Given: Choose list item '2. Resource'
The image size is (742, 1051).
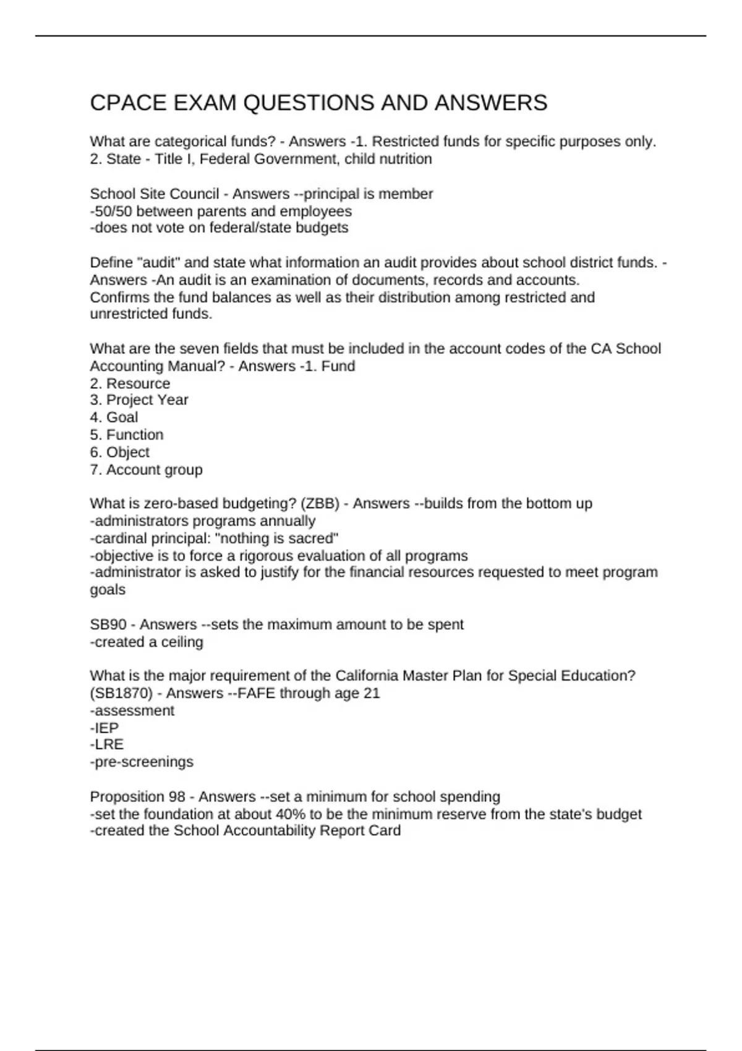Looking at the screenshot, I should tap(130, 383).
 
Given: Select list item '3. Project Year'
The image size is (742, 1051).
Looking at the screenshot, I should tap(139, 400).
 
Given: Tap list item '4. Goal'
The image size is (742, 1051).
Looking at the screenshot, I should tap(114, 417).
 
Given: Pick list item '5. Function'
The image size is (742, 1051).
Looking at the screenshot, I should tap(127, 435).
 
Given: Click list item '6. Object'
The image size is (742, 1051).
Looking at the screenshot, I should tap(120, 452).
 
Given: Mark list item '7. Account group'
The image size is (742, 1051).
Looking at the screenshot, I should tap(147, 470).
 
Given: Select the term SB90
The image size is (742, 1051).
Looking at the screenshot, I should tap(108, 625).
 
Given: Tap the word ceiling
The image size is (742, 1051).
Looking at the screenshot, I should tap(182, 642).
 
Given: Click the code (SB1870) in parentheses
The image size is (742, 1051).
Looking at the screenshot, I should tap(121, 694).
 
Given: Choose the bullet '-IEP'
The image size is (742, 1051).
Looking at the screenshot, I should tap(104, 728).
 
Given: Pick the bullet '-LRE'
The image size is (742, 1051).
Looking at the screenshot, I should tap(107, 744).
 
